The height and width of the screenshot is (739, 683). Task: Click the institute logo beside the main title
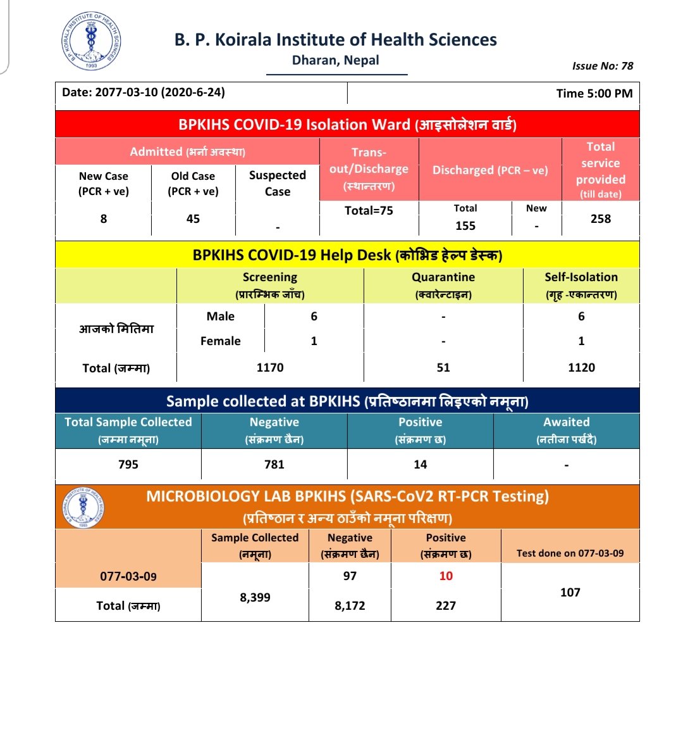(91, 42)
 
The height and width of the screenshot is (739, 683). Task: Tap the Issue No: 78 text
(602, 66)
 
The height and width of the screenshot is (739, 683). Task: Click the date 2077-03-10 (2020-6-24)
(144, 92)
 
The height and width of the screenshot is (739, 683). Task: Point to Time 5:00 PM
(594, 94)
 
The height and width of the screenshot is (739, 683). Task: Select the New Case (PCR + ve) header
(104, 184)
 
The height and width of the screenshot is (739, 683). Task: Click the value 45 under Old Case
(193, 219)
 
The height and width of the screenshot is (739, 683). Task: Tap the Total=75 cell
(369, 211)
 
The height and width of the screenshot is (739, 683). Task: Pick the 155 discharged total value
(465, 226)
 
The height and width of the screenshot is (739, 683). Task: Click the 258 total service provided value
(600, 219)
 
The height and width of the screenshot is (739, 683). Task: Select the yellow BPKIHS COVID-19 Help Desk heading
(347, 255)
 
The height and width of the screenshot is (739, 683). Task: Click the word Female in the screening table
(220, 341)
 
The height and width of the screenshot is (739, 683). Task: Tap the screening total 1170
(270, 368)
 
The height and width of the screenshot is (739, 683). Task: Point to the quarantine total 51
(443, 368)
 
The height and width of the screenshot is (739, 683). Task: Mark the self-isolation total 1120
(581, 368)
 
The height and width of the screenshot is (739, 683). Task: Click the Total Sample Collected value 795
(128, 465)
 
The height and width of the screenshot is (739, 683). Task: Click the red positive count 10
(446, 576)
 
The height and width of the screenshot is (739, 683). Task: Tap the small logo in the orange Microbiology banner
(83, 508)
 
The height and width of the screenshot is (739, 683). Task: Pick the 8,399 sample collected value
(255, 598)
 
